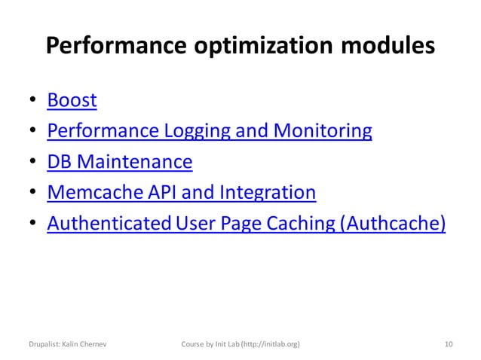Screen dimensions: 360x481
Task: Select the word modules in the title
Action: point(386,47)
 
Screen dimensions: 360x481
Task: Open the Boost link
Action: point(72,100)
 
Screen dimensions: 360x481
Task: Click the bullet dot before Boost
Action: point(33,101)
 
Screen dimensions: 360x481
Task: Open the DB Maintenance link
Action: point(119,163)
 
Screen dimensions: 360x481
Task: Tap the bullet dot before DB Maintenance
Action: point(33,163)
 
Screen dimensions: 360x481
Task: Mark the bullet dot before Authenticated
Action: point(33,225)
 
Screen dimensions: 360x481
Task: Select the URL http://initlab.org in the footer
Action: point(268,344)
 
